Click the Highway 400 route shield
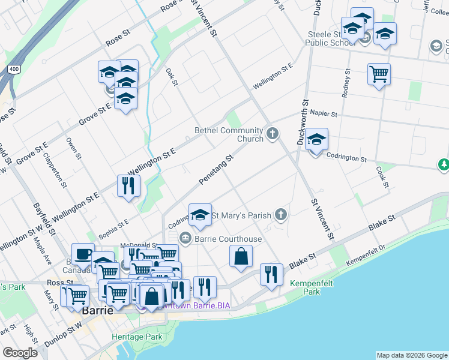pos(14,70)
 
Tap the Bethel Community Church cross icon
pos(273,133)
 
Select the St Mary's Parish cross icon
pos(280,214)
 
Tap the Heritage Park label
pos(137,337)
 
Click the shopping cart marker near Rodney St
pos(379,75)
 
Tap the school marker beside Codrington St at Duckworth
pos(316,141)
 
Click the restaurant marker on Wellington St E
pos(128,185)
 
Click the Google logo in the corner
pos(20,353)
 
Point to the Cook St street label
pos(382,176)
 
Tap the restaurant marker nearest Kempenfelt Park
pos(271,275)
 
